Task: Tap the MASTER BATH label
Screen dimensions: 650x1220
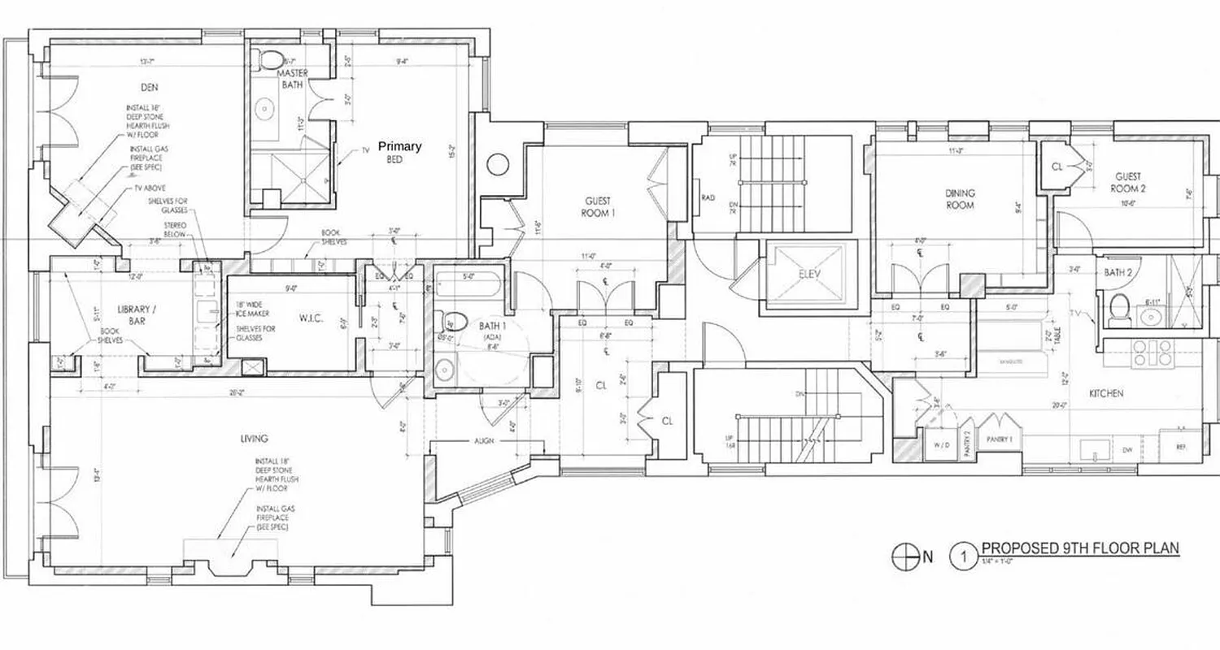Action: coord(294,78)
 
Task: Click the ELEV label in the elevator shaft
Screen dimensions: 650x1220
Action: coord(810,274)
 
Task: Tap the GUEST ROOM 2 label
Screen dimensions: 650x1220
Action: coord(1127,181)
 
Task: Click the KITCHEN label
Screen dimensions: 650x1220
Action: coord(1106,394)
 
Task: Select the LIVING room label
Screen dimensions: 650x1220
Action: coord(255,440)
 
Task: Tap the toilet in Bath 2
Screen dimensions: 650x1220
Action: coord(1121,310)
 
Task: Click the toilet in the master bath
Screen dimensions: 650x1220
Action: coord(271,59)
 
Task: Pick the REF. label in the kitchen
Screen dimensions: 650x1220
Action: coord(1181,448)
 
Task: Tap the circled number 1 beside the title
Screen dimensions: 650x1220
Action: coord(964,557)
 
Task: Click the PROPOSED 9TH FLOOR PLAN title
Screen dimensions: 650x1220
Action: coord(1079,548)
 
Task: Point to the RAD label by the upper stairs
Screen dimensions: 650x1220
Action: coord(708,197)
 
